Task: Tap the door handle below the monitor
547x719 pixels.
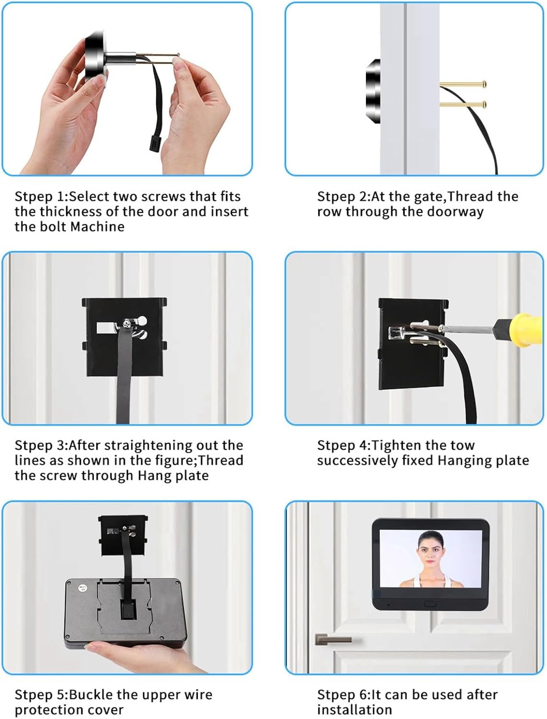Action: (333, 639)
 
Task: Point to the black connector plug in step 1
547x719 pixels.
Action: (156, 143)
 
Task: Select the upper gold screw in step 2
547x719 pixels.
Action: (463, 84)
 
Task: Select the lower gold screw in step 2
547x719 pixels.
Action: (463, 105)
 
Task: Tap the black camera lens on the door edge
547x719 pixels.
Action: (373, 91)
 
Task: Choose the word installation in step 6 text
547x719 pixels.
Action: (354, 710)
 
